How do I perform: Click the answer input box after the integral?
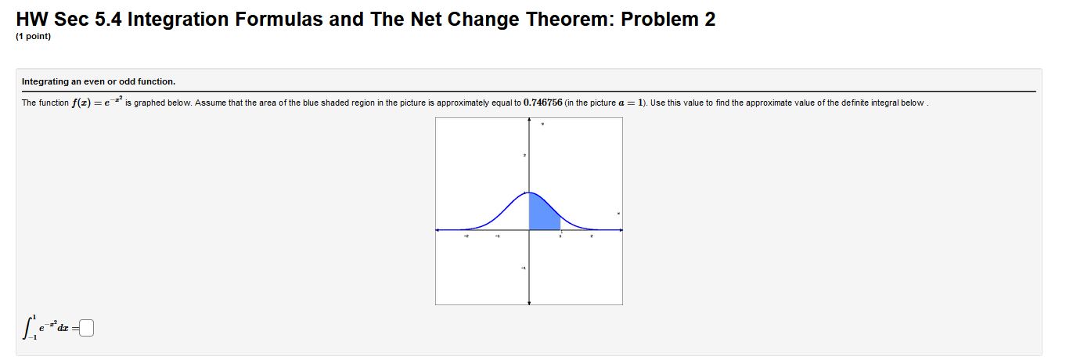coord(86,329)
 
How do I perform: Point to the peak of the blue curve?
coord(530,192)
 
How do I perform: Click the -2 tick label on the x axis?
coord(467,236)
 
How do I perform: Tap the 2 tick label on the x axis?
coord(592,236)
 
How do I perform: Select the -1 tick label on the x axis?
coord(498,236)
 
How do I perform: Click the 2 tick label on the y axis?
coord(524,157)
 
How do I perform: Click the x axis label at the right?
coord(618,214)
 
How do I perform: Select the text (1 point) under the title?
coord(33,36)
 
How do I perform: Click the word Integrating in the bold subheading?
coord(44,81)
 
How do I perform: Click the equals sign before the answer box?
coord(76,329)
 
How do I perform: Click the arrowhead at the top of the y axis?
coord(530,121)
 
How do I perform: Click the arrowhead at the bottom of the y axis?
coord(530,302)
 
